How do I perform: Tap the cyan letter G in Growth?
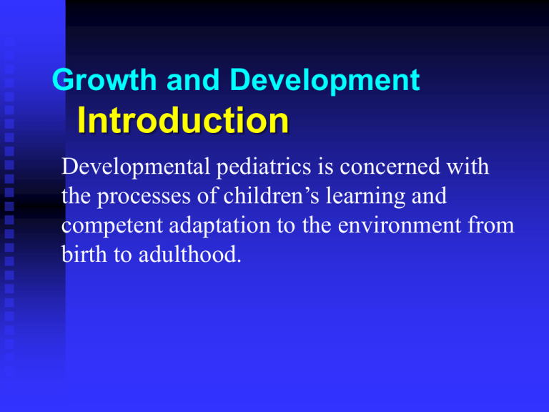click(63, 82)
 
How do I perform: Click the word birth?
click(83, 252)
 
